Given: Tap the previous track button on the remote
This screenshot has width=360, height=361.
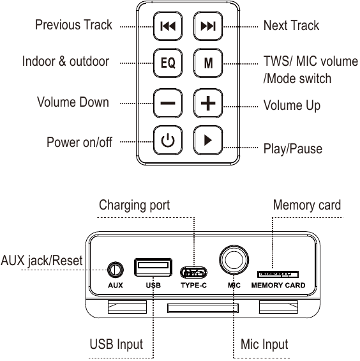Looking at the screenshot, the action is click(x=168, y=26).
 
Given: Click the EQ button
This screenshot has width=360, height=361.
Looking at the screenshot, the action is click(x=168, y=63).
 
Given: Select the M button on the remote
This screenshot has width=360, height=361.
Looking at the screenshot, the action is click(x=208, y=63).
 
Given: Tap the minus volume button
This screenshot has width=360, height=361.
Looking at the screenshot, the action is click(x=168, y=103).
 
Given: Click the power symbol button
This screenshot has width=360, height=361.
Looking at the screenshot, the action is click(x=168, y=140).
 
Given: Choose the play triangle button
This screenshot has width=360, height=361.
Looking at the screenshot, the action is click(x=208, y=140).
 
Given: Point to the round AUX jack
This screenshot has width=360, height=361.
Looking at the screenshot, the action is click(x=116, y=270).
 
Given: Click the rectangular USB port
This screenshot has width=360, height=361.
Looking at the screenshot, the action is click(x=153, y=267).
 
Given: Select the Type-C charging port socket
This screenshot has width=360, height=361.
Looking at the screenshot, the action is click(x=193, y=273).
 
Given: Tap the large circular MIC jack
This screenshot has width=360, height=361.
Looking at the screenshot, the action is click(x=234, y=259).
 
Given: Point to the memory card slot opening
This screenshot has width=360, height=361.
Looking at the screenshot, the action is click(x=278, y=275).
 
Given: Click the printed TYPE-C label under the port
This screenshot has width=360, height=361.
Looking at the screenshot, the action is click(x=193, y=286).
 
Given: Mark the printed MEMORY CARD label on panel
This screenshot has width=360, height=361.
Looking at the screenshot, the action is click(x=278, y=286).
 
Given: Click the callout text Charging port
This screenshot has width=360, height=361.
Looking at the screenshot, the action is click(x=134, y=205).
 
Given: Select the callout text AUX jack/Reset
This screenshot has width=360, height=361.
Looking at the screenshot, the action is click(x=41, y=261).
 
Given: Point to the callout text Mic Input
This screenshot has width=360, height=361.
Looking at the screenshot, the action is click(x=264, y=344).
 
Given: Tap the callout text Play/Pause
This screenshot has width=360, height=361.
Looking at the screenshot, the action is click(x=292, y=149).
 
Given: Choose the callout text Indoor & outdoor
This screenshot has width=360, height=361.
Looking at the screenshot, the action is click(x=66, y=61).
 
